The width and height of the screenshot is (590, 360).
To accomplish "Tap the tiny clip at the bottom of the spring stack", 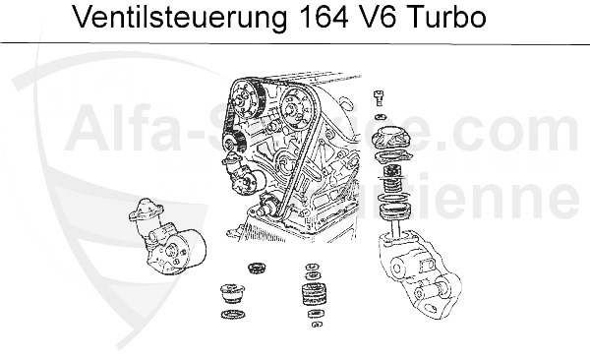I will point(314,326).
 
